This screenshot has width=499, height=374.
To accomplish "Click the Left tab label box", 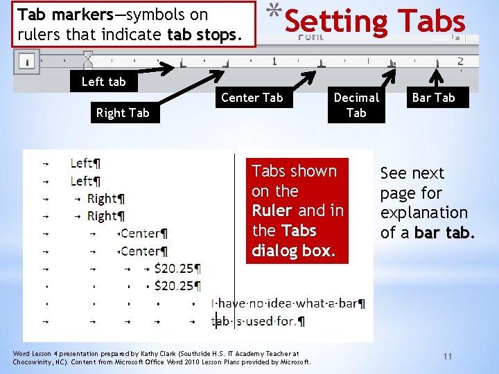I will click(104, 82).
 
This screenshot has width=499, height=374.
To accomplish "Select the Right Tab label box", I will click(123, 113).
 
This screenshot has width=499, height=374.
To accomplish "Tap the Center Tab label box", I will click(252, 98).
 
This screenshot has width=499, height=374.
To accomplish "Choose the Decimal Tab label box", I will click(356, 105).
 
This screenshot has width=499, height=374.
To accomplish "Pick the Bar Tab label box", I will click(434, 98).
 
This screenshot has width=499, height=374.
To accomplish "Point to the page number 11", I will click(447, 356).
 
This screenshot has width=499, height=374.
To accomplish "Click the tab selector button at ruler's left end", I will click(26, 62).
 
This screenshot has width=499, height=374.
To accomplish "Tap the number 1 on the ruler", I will click(274, 62).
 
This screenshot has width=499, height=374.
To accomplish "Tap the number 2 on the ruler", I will click(460, 62).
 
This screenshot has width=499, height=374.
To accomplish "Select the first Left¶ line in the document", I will click(85, 163).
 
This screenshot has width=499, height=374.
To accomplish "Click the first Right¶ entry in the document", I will click(104, 199).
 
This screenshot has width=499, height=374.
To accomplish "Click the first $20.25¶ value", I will click(177, 268).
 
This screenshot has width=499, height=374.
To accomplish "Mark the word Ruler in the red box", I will click(272, 211).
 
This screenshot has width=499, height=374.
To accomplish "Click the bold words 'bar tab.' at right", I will click(445, 233).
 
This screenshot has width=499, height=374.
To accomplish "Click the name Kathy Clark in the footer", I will click(159, 353).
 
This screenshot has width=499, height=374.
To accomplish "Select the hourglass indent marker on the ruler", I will click(87, 58).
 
